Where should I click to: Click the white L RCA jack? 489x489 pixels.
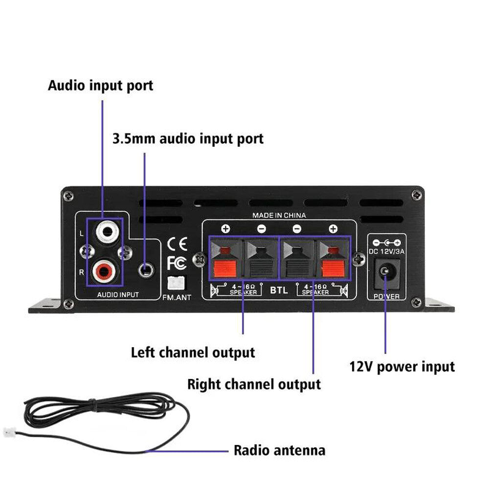(x=106, y=231)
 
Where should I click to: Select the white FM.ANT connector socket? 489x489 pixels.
(x=176, y=283)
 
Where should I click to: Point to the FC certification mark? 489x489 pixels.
(x=177, y=263)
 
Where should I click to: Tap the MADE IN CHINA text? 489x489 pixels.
(x=279, y=215)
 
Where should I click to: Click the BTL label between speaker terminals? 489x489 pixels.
(x=279, y=289)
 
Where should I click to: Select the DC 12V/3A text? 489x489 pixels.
(x=386, y=252)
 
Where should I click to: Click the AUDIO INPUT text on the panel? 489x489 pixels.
(x=118, y=294)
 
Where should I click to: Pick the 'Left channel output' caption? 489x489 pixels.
(x=193, y=352)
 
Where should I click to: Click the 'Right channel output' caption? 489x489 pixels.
(x=254, y=384)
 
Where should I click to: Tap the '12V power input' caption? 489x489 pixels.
(x=402, y=366)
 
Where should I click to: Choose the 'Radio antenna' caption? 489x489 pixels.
(x=279, y=450)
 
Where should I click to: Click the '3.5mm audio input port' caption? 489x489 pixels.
(x=188, y=138)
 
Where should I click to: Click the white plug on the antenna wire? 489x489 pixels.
(x=9, y=432)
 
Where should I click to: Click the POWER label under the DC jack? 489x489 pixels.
(x=386, y=296)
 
